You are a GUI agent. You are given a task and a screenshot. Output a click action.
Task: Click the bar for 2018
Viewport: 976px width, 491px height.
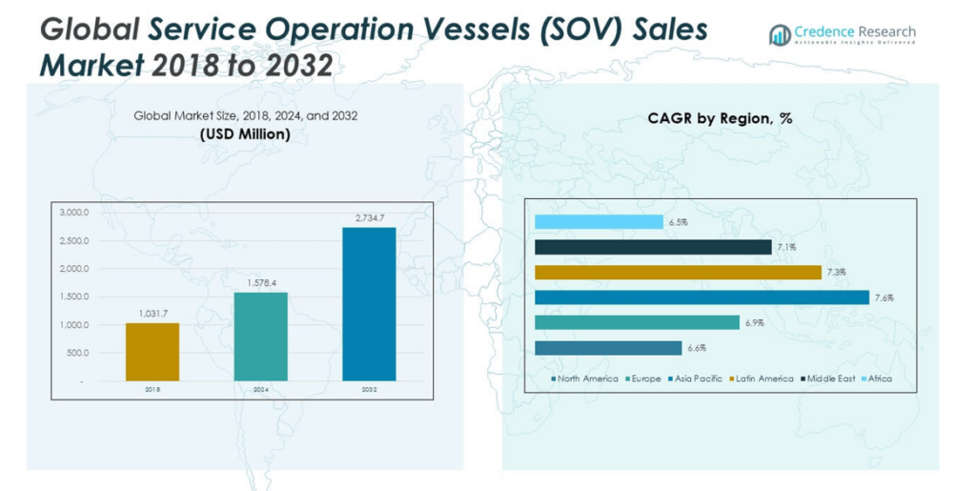tap(152, 352)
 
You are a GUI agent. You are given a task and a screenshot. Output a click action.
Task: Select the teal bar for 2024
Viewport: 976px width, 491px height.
tap(260, 337)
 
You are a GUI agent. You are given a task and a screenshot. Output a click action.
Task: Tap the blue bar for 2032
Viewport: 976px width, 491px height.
tap(369, 304)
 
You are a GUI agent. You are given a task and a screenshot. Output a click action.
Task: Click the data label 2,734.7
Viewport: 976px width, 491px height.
tap(369, 218)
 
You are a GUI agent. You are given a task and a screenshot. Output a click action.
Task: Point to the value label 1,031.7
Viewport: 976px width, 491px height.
tap(152, 314)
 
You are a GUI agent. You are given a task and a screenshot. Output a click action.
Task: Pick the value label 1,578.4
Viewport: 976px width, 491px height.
tap(260, 283)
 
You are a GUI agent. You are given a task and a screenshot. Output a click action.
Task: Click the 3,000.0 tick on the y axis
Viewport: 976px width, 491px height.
tap(72, 213)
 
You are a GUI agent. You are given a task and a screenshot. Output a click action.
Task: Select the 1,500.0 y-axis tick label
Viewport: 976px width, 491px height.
tap(72, 297)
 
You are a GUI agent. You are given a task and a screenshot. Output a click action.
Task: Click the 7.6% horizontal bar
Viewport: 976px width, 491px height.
tap(701, 297)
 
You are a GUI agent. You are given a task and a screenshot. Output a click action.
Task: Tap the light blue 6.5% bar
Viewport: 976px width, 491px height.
tap(599, 222)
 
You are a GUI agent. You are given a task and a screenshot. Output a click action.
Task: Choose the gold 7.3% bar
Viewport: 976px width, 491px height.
tap(678, 273)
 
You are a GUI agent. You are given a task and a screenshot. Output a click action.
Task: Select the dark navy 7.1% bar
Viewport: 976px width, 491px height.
tap(653, 247)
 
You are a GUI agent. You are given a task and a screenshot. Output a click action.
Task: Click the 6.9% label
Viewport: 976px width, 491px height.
tap(754, 323)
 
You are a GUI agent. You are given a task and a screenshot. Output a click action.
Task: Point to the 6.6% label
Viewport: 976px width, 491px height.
tap(696, 348)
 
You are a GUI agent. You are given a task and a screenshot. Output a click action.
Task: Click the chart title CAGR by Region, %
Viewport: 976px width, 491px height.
tap(720, 119)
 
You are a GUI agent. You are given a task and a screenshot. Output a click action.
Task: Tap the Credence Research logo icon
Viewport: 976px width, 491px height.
tap(780, 35)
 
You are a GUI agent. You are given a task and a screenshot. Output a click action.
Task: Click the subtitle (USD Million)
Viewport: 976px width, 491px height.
tap(245, 134)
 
